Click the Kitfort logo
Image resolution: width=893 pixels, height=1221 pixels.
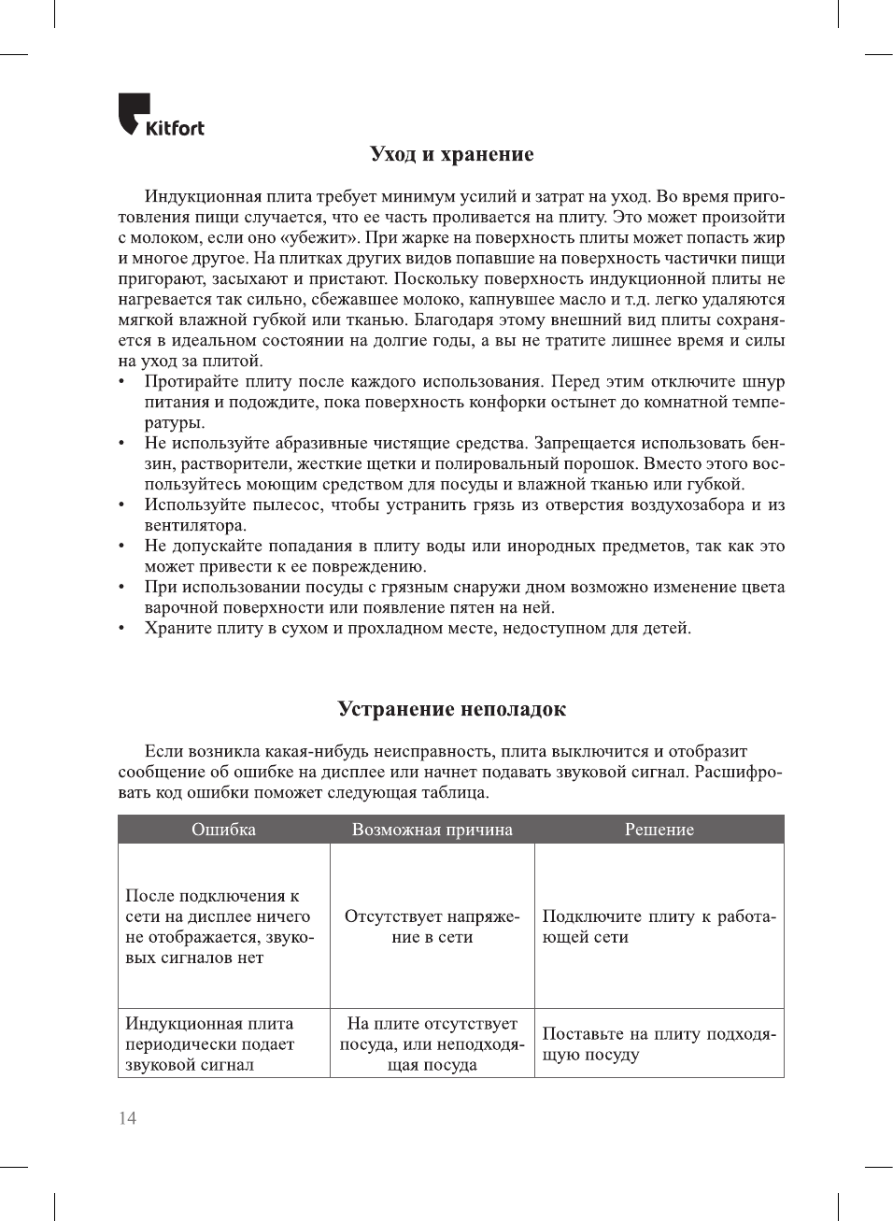[161, 116]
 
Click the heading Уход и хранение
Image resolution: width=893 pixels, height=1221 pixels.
[451, 154]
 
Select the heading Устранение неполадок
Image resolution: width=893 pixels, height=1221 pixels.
[451, 709]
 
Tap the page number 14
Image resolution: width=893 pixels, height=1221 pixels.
[127, 1118]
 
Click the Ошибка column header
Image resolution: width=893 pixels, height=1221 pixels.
[223, 830]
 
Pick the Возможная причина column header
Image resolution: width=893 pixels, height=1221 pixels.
[432, 830]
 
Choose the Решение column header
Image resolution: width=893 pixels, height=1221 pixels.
[659, 830]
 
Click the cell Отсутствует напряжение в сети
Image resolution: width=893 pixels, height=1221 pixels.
[432, 927]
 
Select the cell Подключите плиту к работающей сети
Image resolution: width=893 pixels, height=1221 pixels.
[659, 927]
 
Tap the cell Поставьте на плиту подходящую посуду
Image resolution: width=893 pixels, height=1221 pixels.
[659, 1044]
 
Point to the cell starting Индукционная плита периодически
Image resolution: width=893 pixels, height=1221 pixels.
[210, 1044]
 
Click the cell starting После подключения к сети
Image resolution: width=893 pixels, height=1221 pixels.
[220, 927]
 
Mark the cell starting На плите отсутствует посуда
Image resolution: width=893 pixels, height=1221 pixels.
[432, 1044]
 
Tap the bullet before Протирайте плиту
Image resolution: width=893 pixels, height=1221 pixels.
[122, 382]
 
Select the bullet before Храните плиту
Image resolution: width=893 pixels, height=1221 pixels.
[122, 629]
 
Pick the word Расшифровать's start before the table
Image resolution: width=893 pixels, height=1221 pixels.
[738, 773]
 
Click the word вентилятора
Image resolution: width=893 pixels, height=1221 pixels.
[194, 526]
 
